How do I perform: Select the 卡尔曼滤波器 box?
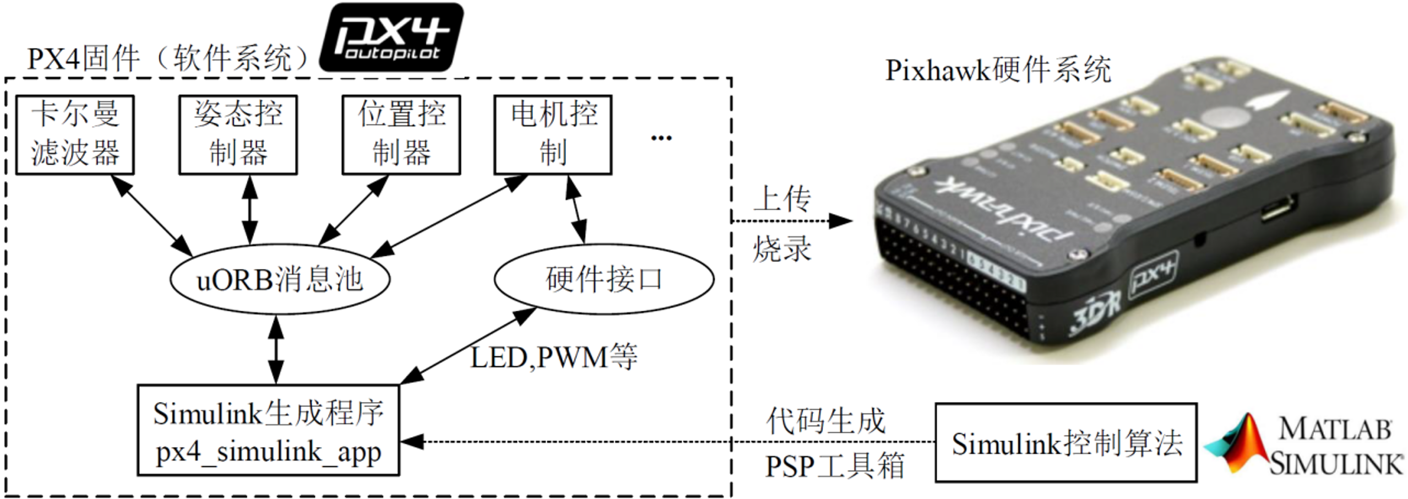point(75,135)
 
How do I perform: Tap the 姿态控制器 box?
point(238,135)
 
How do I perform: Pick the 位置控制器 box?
point(401,135)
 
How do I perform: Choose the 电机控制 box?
point(553,135)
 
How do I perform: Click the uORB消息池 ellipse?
point(280,280)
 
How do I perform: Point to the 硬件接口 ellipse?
point(604,279)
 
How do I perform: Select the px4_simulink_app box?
point(268,430)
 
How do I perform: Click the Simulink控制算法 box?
point(1066,443)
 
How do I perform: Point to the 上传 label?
point(782,199)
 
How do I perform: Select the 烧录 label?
point(782,249)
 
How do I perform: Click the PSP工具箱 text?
point(834,466)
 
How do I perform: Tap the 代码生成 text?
point(826,421)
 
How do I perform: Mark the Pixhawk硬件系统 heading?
point(998,70)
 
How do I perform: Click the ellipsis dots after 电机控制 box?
point(661,138)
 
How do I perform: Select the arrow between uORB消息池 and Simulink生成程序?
point(275,349)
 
